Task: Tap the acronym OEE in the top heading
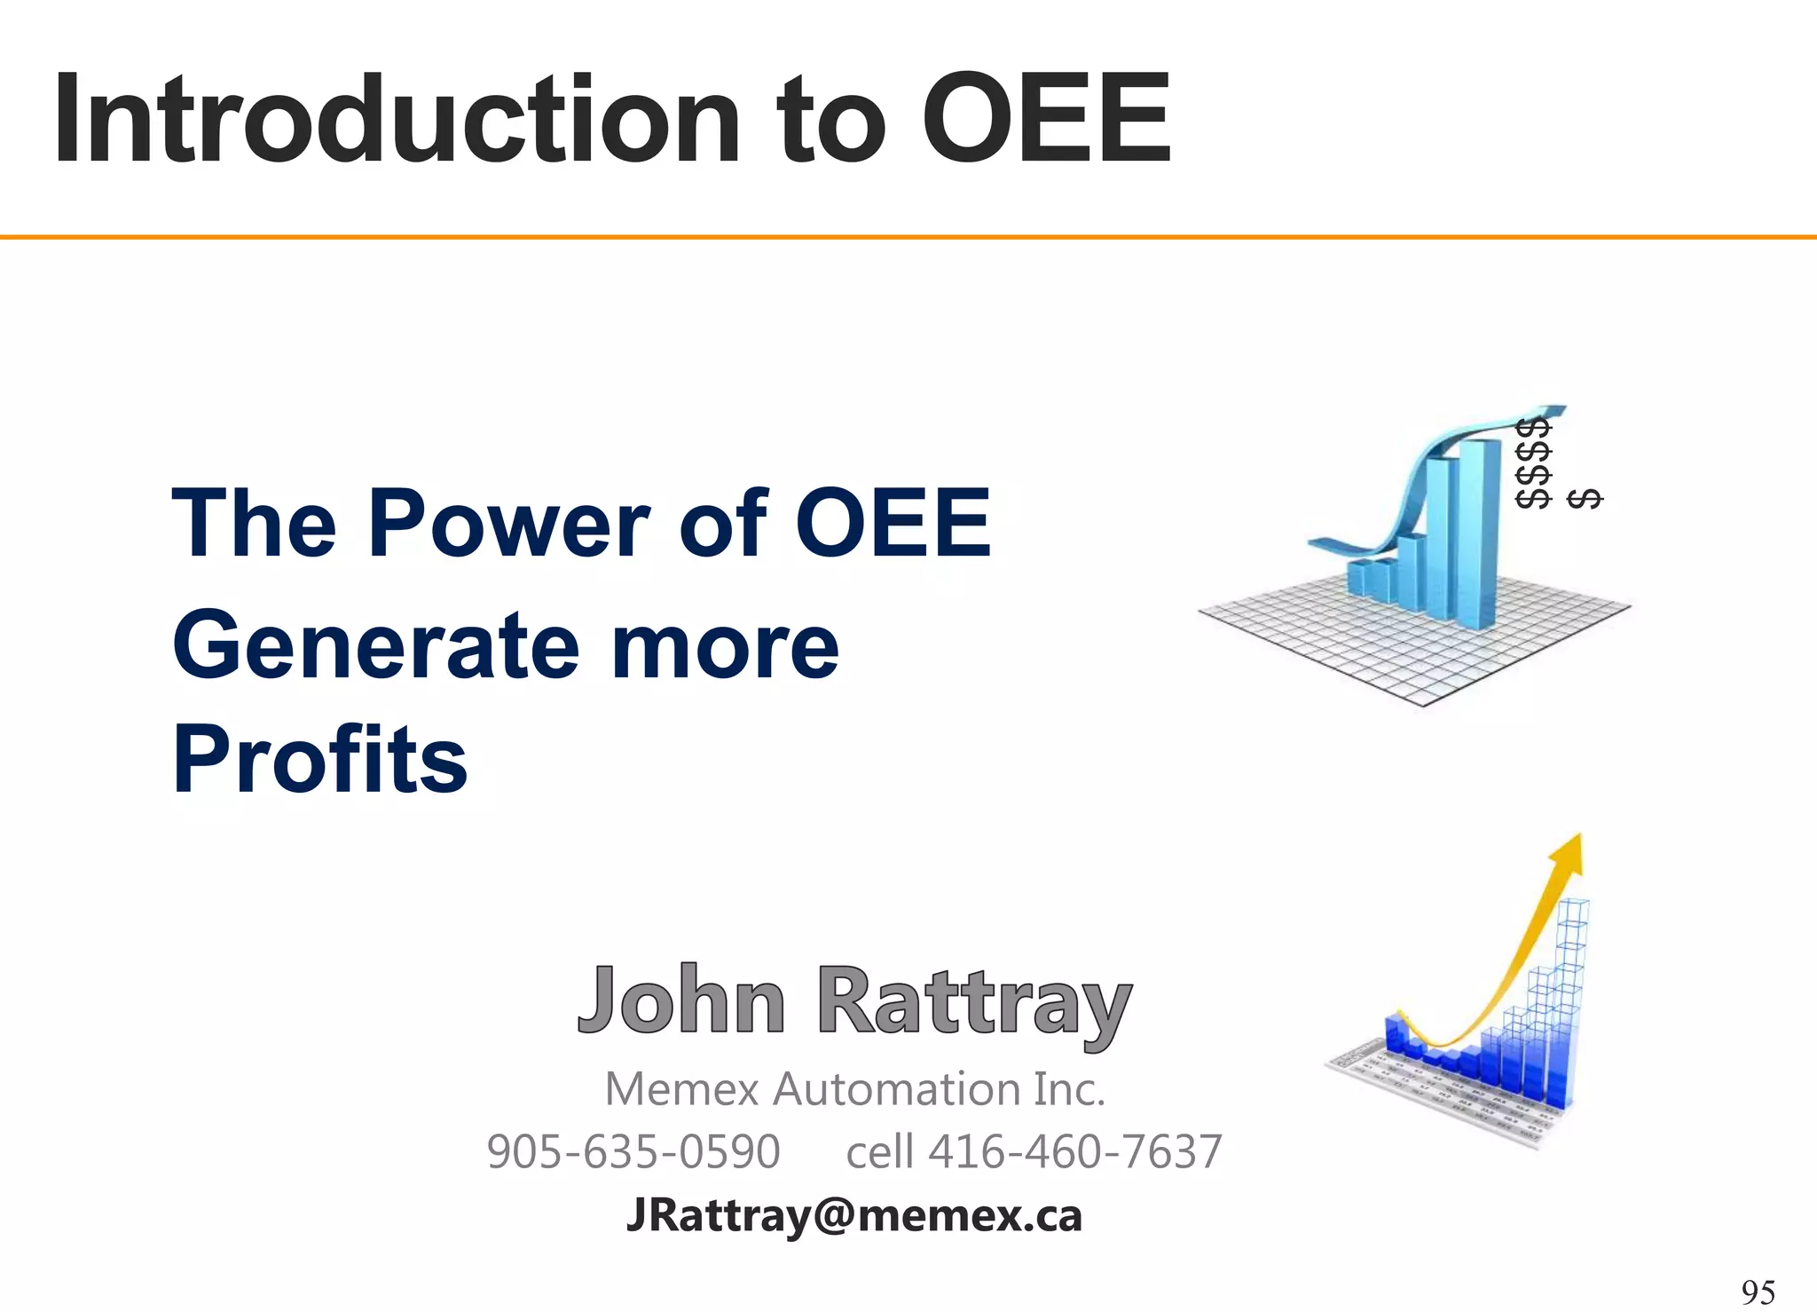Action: (x=1047, y=120)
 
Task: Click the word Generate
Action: (x=373, y=646)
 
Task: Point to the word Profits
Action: (x=319, y=760)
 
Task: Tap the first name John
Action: (x=681, y=1001)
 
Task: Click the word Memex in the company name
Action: (x=681, y=1089)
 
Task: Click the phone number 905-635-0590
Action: (x=633, y=1152)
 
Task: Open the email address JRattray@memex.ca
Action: (x=854, y=1215)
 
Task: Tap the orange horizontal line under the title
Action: (x=908, y=237)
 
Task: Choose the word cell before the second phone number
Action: (x=880, y=1152)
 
